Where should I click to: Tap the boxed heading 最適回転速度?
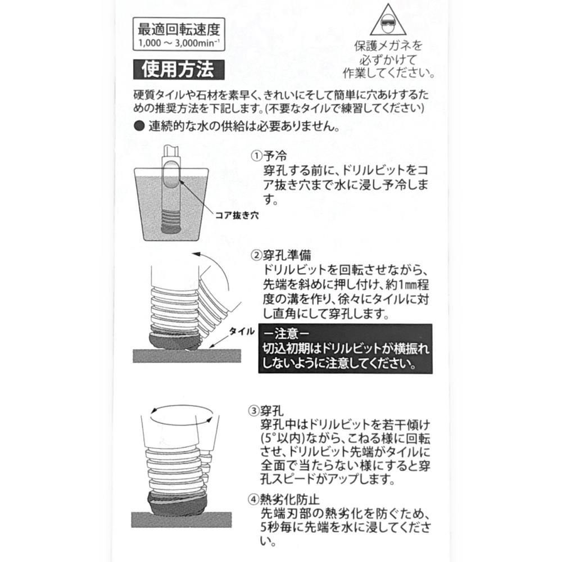click(179, 29)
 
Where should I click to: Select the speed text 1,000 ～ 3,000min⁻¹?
click(179, 43)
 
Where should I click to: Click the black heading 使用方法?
click(179, 70)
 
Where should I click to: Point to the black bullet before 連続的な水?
click(139, 126)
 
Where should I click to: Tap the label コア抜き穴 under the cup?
click(237, 215)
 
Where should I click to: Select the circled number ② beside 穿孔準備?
click(257, 255)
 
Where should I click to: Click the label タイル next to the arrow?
click(242, 332)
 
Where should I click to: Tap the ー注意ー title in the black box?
click(287, 334)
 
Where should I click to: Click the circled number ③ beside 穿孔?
click(254, 411)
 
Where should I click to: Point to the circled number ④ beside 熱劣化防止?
click(254, 499)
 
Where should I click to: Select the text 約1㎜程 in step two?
click(407, 285)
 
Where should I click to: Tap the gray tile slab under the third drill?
click(182, 519)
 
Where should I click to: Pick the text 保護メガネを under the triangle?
click(388, 46)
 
